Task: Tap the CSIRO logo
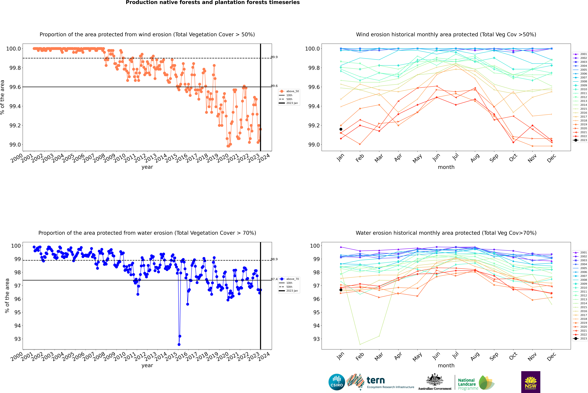click(x=337, y=382)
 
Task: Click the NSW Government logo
click(x=531, y=382)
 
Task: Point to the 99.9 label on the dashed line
click(x=274, y=57)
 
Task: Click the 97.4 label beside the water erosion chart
click(x=274, y=279)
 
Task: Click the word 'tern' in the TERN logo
click(x=375, y=380)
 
